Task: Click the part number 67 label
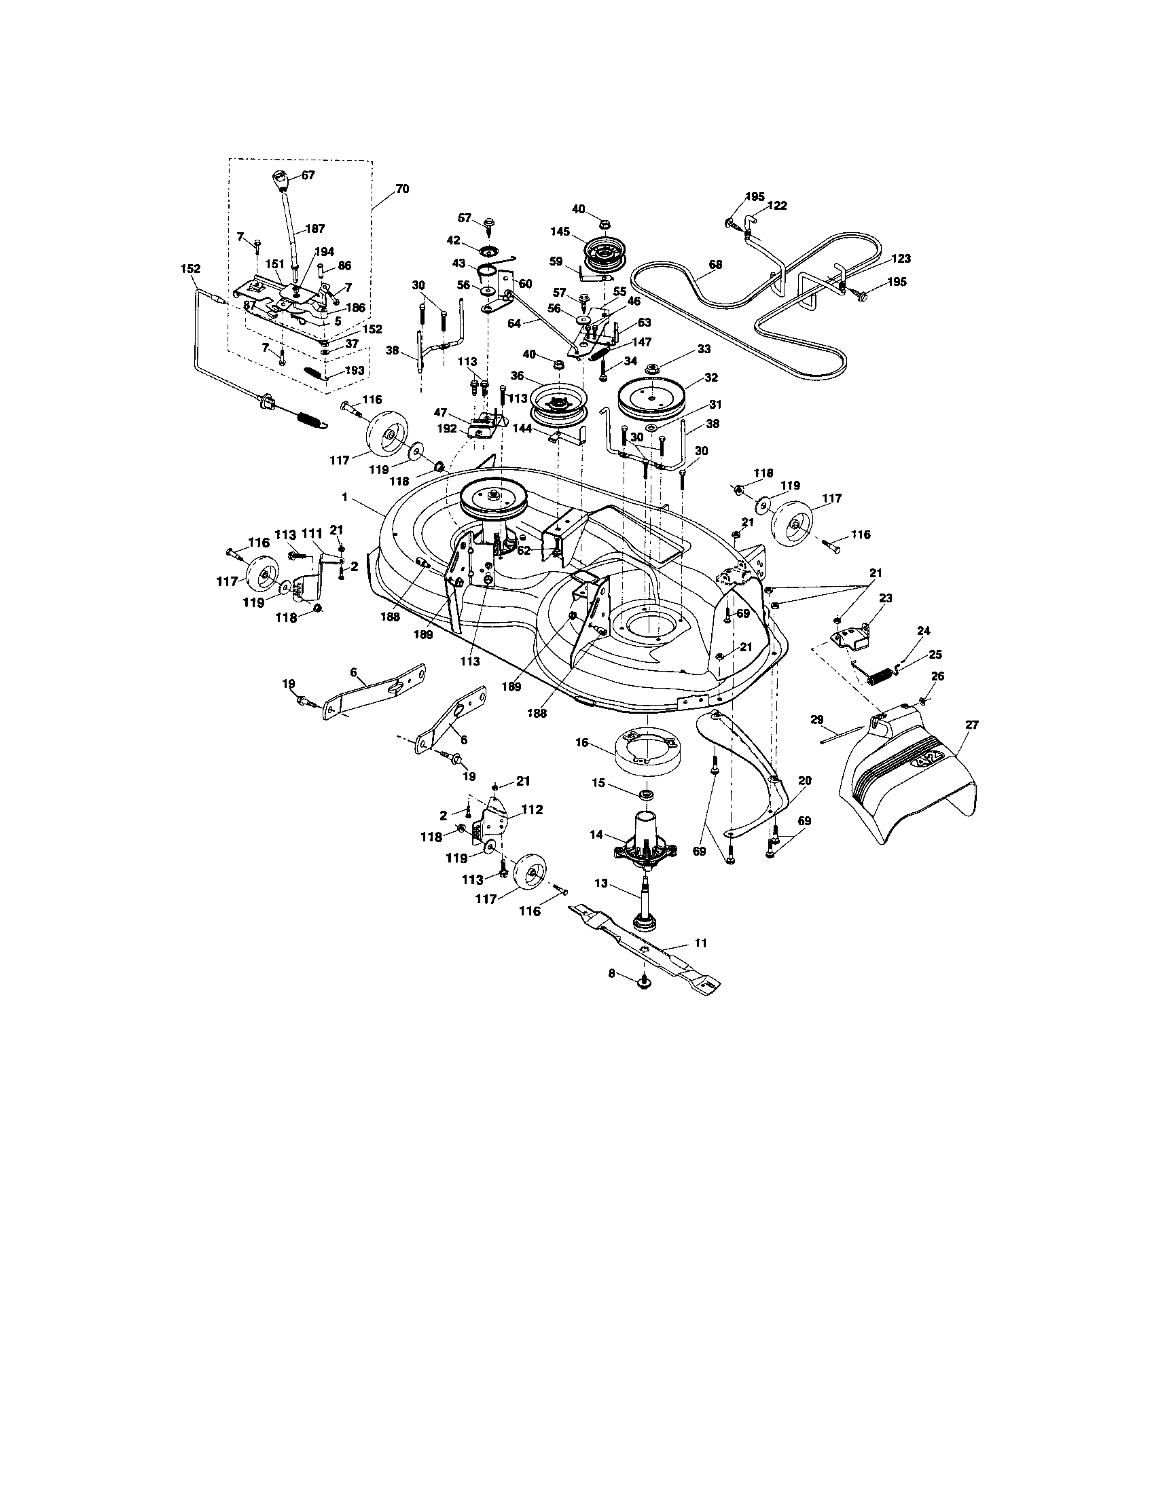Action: pyautogui.click(x=308, y=175)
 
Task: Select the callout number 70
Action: pyautogui.click(x=402, y=189)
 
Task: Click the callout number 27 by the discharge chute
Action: pyautogui.click(x=972, y=727)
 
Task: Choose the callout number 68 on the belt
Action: pyautogui.click(x=715, y=263)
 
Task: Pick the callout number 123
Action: pyautogui.click(x=901, y=259)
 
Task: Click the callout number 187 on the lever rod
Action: pyautogui.click(x=315, y=228)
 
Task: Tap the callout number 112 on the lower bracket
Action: pyautogui.click(x=532, y=810)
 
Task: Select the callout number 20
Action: pyautogui.click(x=804, y=779)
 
